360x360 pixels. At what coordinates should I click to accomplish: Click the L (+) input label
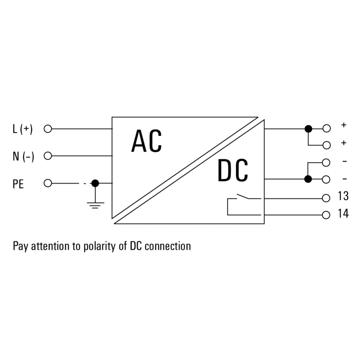coord(22,129)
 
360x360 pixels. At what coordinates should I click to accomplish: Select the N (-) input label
coord(23,156)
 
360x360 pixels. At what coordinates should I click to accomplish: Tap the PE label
coord(18,184)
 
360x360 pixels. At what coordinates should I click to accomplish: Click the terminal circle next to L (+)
coord(48,129)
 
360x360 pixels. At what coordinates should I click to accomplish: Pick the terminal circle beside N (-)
coord(48,156)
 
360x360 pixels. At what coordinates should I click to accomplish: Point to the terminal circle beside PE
coord(48,183)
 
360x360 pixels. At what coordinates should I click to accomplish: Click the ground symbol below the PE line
coord(95,205)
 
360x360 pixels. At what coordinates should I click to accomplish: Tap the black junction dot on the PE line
coord(95,183)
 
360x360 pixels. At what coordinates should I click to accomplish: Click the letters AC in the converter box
coord(146,141)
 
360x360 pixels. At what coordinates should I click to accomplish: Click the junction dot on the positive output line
coord(308,129)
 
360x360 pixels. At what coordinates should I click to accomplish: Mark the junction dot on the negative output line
coord(308,179)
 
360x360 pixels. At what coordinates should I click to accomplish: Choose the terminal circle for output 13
coord(326,197)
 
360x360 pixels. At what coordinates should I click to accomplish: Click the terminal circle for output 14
coord(326,215)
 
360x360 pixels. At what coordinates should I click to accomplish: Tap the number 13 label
coord(343,196)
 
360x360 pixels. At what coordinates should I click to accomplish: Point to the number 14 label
coord(343,214)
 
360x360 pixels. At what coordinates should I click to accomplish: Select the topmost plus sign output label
coord(343,125)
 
